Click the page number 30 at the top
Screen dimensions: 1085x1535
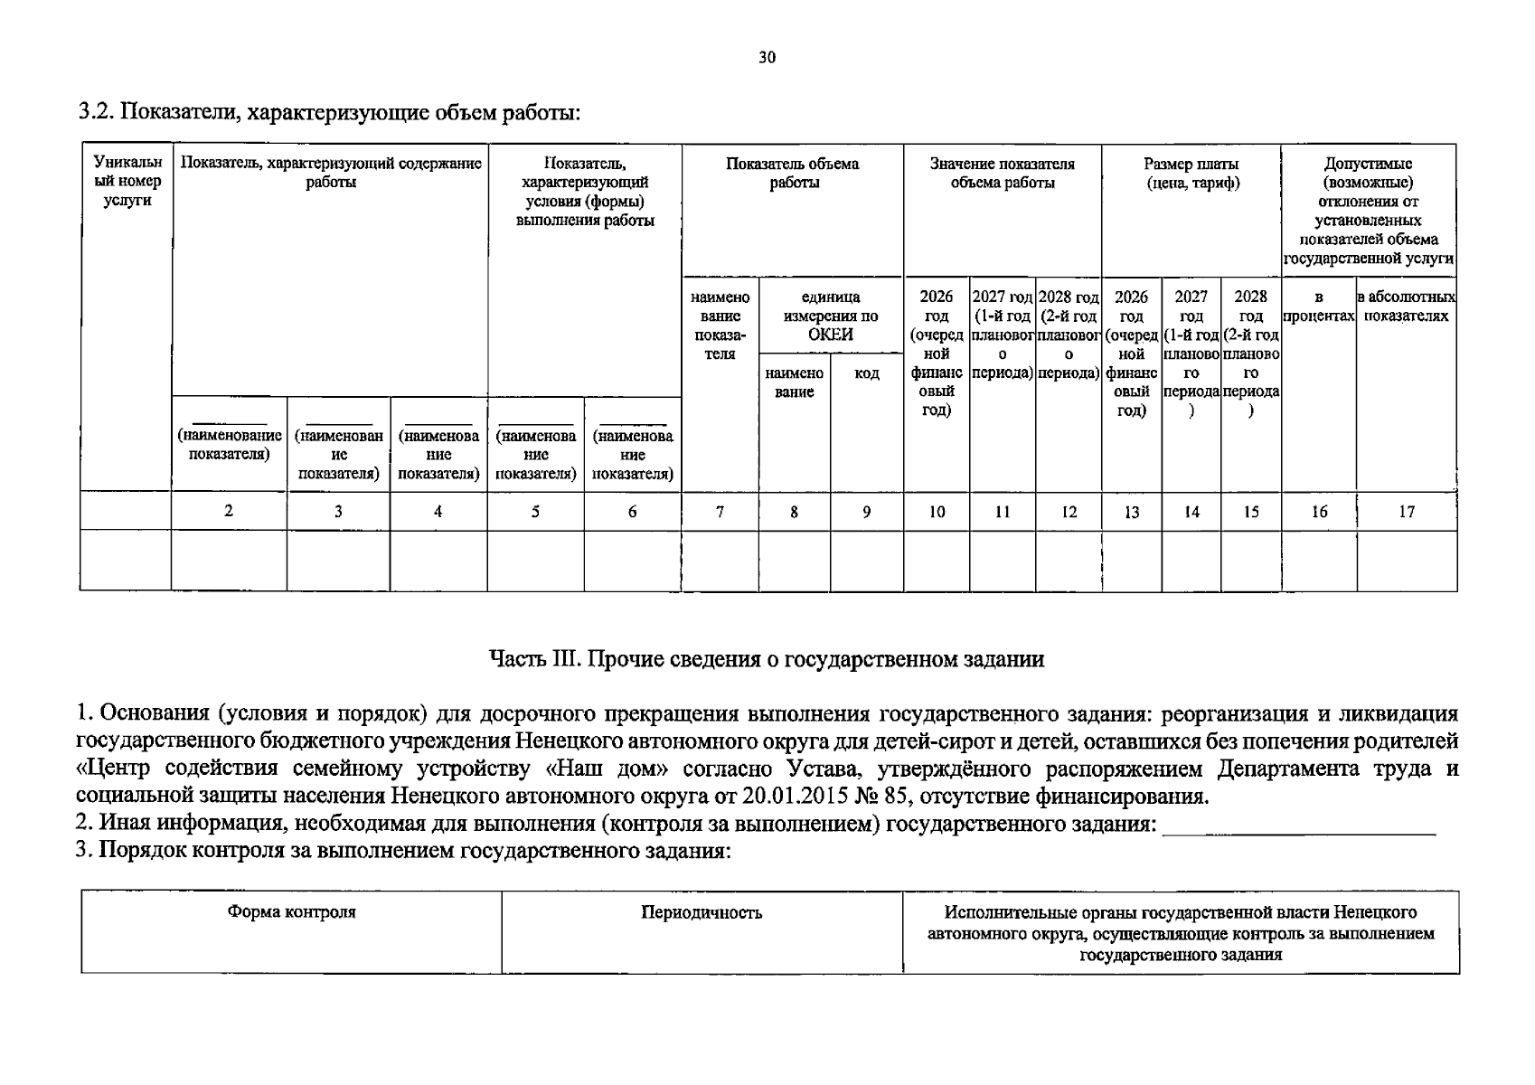pyautogui.click(x=767, y=58)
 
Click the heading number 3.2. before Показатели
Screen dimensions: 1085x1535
pyautogui.click(x=97, y=113)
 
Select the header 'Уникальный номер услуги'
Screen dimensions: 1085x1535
pyautogui.click(x=127, y=182)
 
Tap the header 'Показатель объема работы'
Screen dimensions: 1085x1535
pyautogui.click(x=792, y=173)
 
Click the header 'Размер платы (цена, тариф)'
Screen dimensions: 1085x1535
pyautogui.click(x=1191, y=173)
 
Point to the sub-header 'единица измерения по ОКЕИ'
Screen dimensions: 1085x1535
pyautogui.click(x=830, y=316)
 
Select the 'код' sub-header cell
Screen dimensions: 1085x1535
pyautogui.click(x=866, y=373)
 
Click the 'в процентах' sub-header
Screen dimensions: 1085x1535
pyautogui.click(x=1318, y=307)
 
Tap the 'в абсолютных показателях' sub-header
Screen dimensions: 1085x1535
pyautogui.click(x=1406, y=307)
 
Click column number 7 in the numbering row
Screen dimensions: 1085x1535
pyautogui.click(x=720, y=512)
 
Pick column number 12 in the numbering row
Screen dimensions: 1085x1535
pyautogui.click(x=1069, y=512)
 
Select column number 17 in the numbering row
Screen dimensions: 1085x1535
pyautogui.click(x=1407, y=512)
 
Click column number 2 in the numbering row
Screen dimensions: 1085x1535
pyautogui.click(x=229, y=511)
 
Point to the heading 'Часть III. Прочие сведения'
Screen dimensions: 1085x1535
pyautogui.click(x=767, y=659)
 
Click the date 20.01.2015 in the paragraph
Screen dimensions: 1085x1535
pyautogui.click(x=796, y=797)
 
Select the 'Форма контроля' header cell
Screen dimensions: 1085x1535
pyautogui.click(x=291, y=912)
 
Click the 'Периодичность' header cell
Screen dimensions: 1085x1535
pyautogui.click(x=702, y=912)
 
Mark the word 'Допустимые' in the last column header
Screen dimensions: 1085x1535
pyautogui.click(x=1368, y=164)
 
